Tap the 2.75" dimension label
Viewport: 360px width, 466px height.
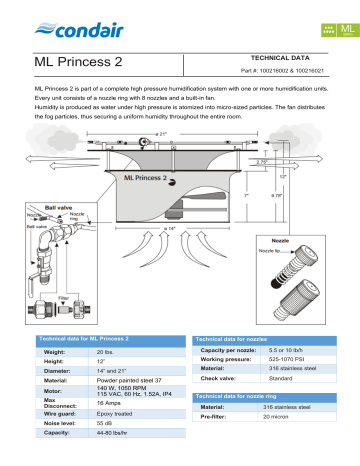pyautogui.click(x=263, y=160)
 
